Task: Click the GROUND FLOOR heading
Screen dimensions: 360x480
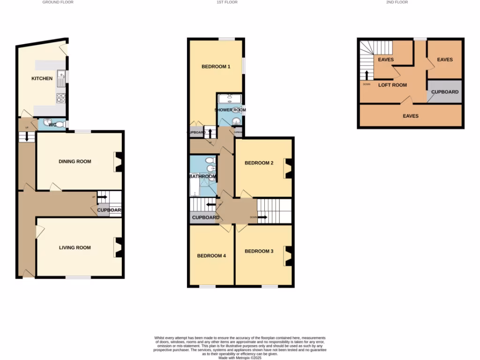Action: (x=58, y=2)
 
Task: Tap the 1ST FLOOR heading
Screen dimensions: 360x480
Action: (x=227, y=2)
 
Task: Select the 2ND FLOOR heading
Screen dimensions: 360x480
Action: (x=397, y=2)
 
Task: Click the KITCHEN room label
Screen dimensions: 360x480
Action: (x=42, y=78)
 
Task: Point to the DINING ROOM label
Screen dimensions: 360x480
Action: (x=75, y=161)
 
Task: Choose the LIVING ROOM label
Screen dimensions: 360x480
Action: (x=75, y=247)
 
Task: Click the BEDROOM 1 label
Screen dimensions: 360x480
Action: (x=216, y=67)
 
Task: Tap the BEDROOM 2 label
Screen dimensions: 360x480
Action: (x=259, y=163)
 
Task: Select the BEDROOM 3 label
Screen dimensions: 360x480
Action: (x=259, y=251)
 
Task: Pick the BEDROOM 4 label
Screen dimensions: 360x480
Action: (x=211, y=256)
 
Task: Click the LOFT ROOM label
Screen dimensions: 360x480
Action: (x=393, y=85)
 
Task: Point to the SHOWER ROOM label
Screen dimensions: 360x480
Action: (x=230, y=110)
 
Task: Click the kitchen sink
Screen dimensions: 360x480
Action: (x=60, y=78)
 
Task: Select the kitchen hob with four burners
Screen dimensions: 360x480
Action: (x=60, y=98)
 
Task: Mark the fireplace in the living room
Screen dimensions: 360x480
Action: (x=118, y=247)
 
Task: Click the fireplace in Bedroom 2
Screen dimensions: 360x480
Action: (x=287, y=168)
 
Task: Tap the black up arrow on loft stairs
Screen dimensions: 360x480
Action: (x=367, y=75)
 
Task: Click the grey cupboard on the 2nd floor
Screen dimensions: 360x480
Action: (x=444, y=92)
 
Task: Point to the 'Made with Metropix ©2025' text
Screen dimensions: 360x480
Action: (x=240, y=357)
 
